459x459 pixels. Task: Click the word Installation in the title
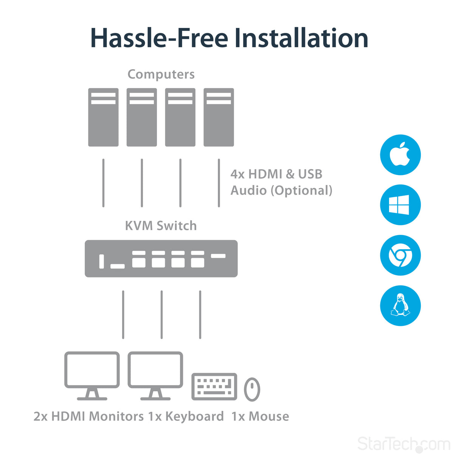(301, 38)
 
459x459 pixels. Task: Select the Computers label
(161, 74)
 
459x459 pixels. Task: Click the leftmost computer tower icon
(103, 117)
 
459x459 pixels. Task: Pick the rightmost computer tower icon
(219, 117)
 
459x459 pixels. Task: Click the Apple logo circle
(400, 155)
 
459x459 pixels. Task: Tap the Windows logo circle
(400, 205)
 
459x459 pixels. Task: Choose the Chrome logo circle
(400, 255)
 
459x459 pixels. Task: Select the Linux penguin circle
(400, 305)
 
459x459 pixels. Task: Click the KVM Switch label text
(161, 226)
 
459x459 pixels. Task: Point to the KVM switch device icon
(161, 259)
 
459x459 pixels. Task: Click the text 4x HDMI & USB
(276, 174)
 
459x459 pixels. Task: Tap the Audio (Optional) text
(281, 190)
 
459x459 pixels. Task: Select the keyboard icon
(214, 386)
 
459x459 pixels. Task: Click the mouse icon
(252, 389)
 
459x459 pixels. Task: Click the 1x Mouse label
(260, 416)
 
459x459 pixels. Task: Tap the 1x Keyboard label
(186, 416)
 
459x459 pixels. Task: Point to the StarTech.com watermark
(403, 444)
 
